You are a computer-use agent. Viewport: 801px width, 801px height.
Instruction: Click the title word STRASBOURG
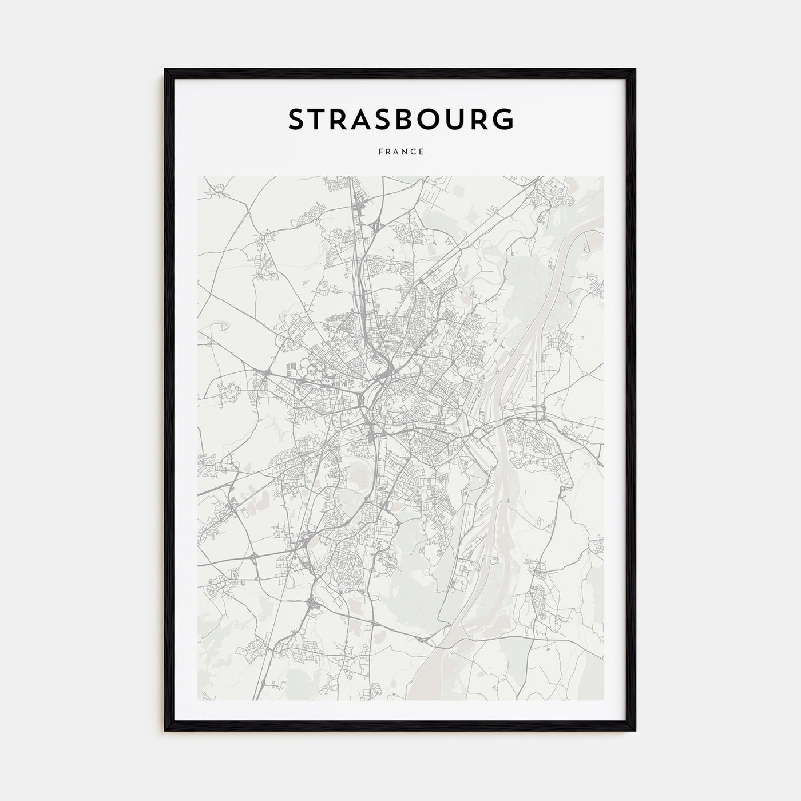point(400,119)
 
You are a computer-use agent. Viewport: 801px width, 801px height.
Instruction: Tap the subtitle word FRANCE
point(400,152)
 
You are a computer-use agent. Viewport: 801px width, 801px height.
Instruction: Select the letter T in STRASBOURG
point(324,119)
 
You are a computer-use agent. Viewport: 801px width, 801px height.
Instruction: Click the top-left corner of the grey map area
point(198,176)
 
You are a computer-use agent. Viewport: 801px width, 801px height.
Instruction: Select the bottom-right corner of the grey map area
point(603,700)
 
